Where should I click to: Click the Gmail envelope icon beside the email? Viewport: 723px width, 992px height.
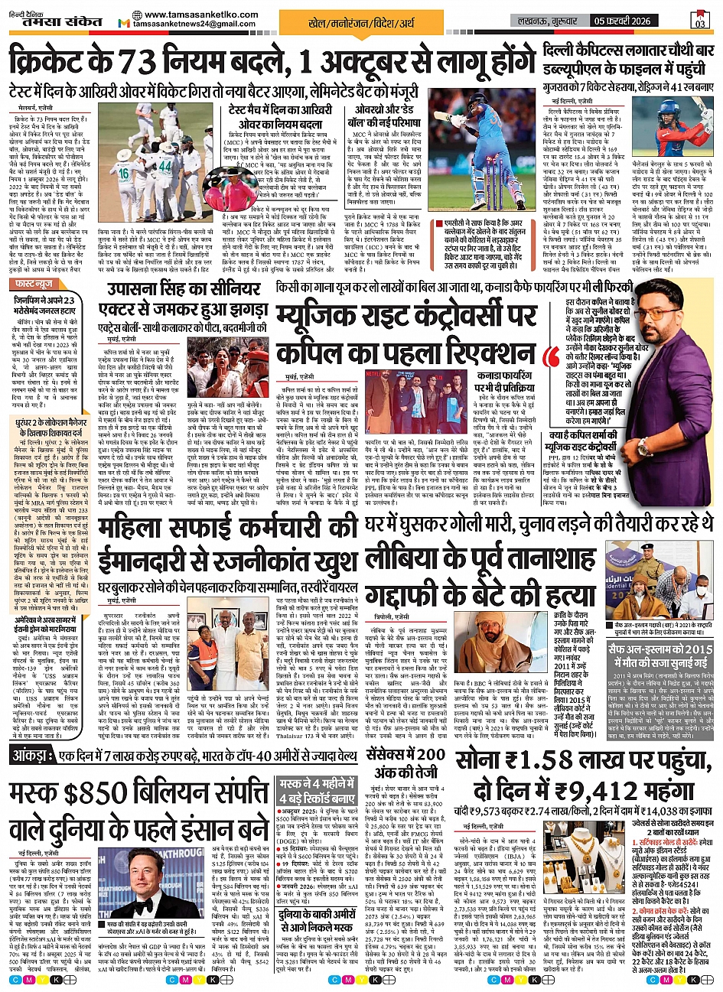coord(124,24)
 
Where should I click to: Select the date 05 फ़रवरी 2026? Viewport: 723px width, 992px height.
coord(633,19)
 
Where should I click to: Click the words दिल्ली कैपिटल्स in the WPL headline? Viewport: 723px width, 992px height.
coord(587,52)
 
